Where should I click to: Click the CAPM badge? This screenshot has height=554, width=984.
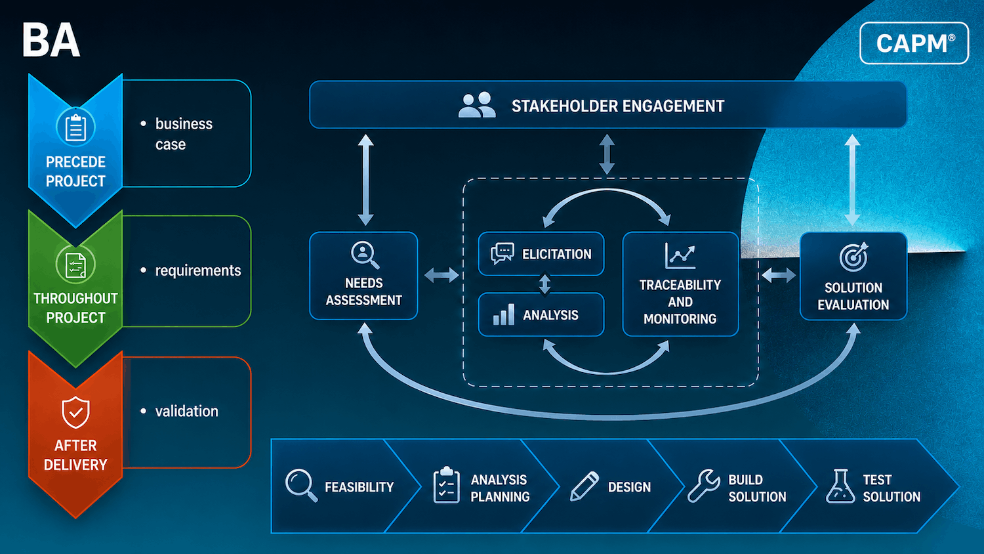click(x=914, y=43)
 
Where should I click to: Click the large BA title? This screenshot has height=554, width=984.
click(x=51, y=41)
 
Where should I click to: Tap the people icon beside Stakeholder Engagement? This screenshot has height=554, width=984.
click(x=477, y=104)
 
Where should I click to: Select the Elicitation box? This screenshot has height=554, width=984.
click(x=541, y=253)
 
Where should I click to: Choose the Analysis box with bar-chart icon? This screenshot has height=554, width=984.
click(x=541, y=314)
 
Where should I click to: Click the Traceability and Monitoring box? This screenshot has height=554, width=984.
click(x=680, y=284)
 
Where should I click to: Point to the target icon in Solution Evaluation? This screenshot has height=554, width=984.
click(x=853, y=257)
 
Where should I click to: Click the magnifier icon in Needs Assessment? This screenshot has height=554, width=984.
click(x=365, y=255)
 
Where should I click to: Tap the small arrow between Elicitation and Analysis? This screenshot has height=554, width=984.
click(x=544, y=284)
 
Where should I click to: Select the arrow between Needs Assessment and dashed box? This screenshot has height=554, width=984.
click(x=441, y=276)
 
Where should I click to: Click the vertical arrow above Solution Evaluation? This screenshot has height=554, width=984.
click(x=852, y=180)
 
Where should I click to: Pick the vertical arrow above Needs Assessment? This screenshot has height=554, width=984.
click(x=365, y=180)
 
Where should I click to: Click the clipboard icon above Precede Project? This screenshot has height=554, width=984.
click(x=75, y=127)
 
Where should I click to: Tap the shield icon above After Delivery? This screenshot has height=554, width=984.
click(x=75, y=412)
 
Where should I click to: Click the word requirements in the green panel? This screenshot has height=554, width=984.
click(x=197, y=270)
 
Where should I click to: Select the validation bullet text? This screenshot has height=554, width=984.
click(x=186, y=411)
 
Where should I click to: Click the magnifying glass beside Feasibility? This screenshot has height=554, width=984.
click(x=301, y=486)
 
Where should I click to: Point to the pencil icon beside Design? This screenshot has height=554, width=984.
click(x=584, y=486)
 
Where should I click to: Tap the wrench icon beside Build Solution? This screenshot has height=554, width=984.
click(x=704, y=486)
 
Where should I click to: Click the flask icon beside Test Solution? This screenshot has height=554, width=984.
click(x=840, y=486)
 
